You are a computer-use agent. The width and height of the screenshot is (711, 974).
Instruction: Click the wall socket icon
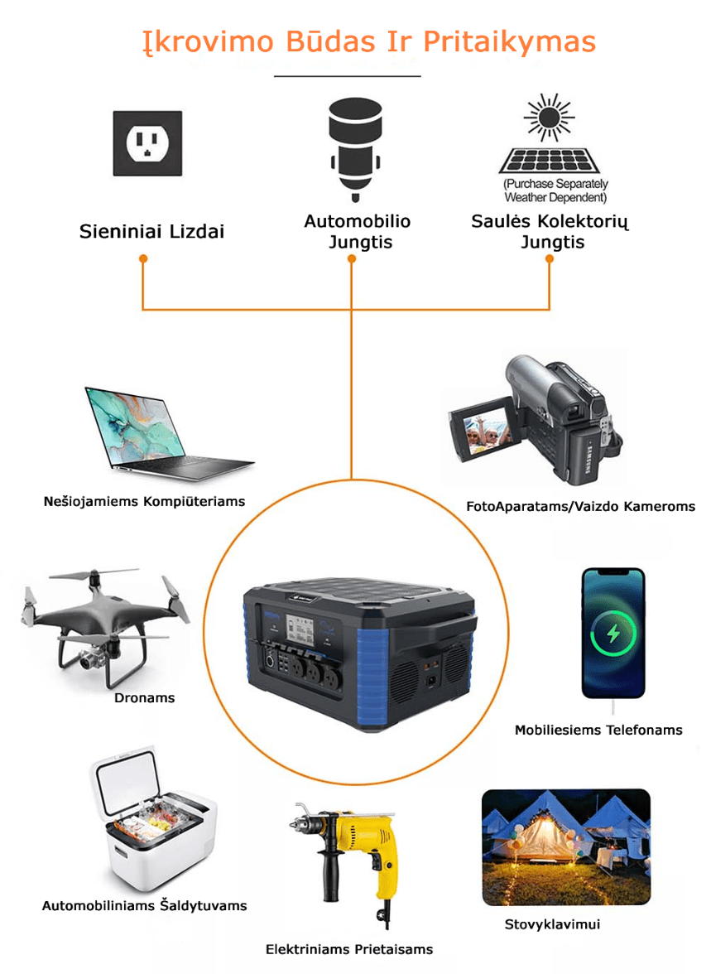tap(148, 143)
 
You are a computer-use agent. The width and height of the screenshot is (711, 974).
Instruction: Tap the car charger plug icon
tap(355, 149)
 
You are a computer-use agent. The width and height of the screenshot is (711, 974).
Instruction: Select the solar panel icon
tap(550, 161)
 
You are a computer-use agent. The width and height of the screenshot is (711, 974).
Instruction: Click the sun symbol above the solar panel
tap(549, 117)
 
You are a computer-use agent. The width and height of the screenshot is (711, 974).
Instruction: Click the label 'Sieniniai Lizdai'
tap(151, 232)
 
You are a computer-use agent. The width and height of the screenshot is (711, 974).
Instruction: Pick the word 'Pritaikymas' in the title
tap(510, 41)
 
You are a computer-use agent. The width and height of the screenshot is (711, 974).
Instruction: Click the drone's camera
tap(91, 659)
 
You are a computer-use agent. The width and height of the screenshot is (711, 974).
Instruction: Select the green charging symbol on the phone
tap(613, 633)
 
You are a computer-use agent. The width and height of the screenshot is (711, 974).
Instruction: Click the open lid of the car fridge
tap(126, 781)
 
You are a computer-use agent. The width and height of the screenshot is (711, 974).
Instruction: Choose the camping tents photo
tap(566, 847)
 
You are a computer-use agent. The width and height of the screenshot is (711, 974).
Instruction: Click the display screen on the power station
tap(300, 629)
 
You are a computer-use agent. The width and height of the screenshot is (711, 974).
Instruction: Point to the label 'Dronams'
tap(145, 698)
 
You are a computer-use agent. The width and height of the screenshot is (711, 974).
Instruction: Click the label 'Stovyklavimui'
tap(552, 924)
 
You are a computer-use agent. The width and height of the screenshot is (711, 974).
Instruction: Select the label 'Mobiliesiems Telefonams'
tap(598, 730)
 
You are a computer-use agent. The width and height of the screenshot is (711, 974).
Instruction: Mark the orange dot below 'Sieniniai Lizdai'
tap(143, 258)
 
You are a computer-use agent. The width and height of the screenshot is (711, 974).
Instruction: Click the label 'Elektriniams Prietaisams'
tap(349, 949)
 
